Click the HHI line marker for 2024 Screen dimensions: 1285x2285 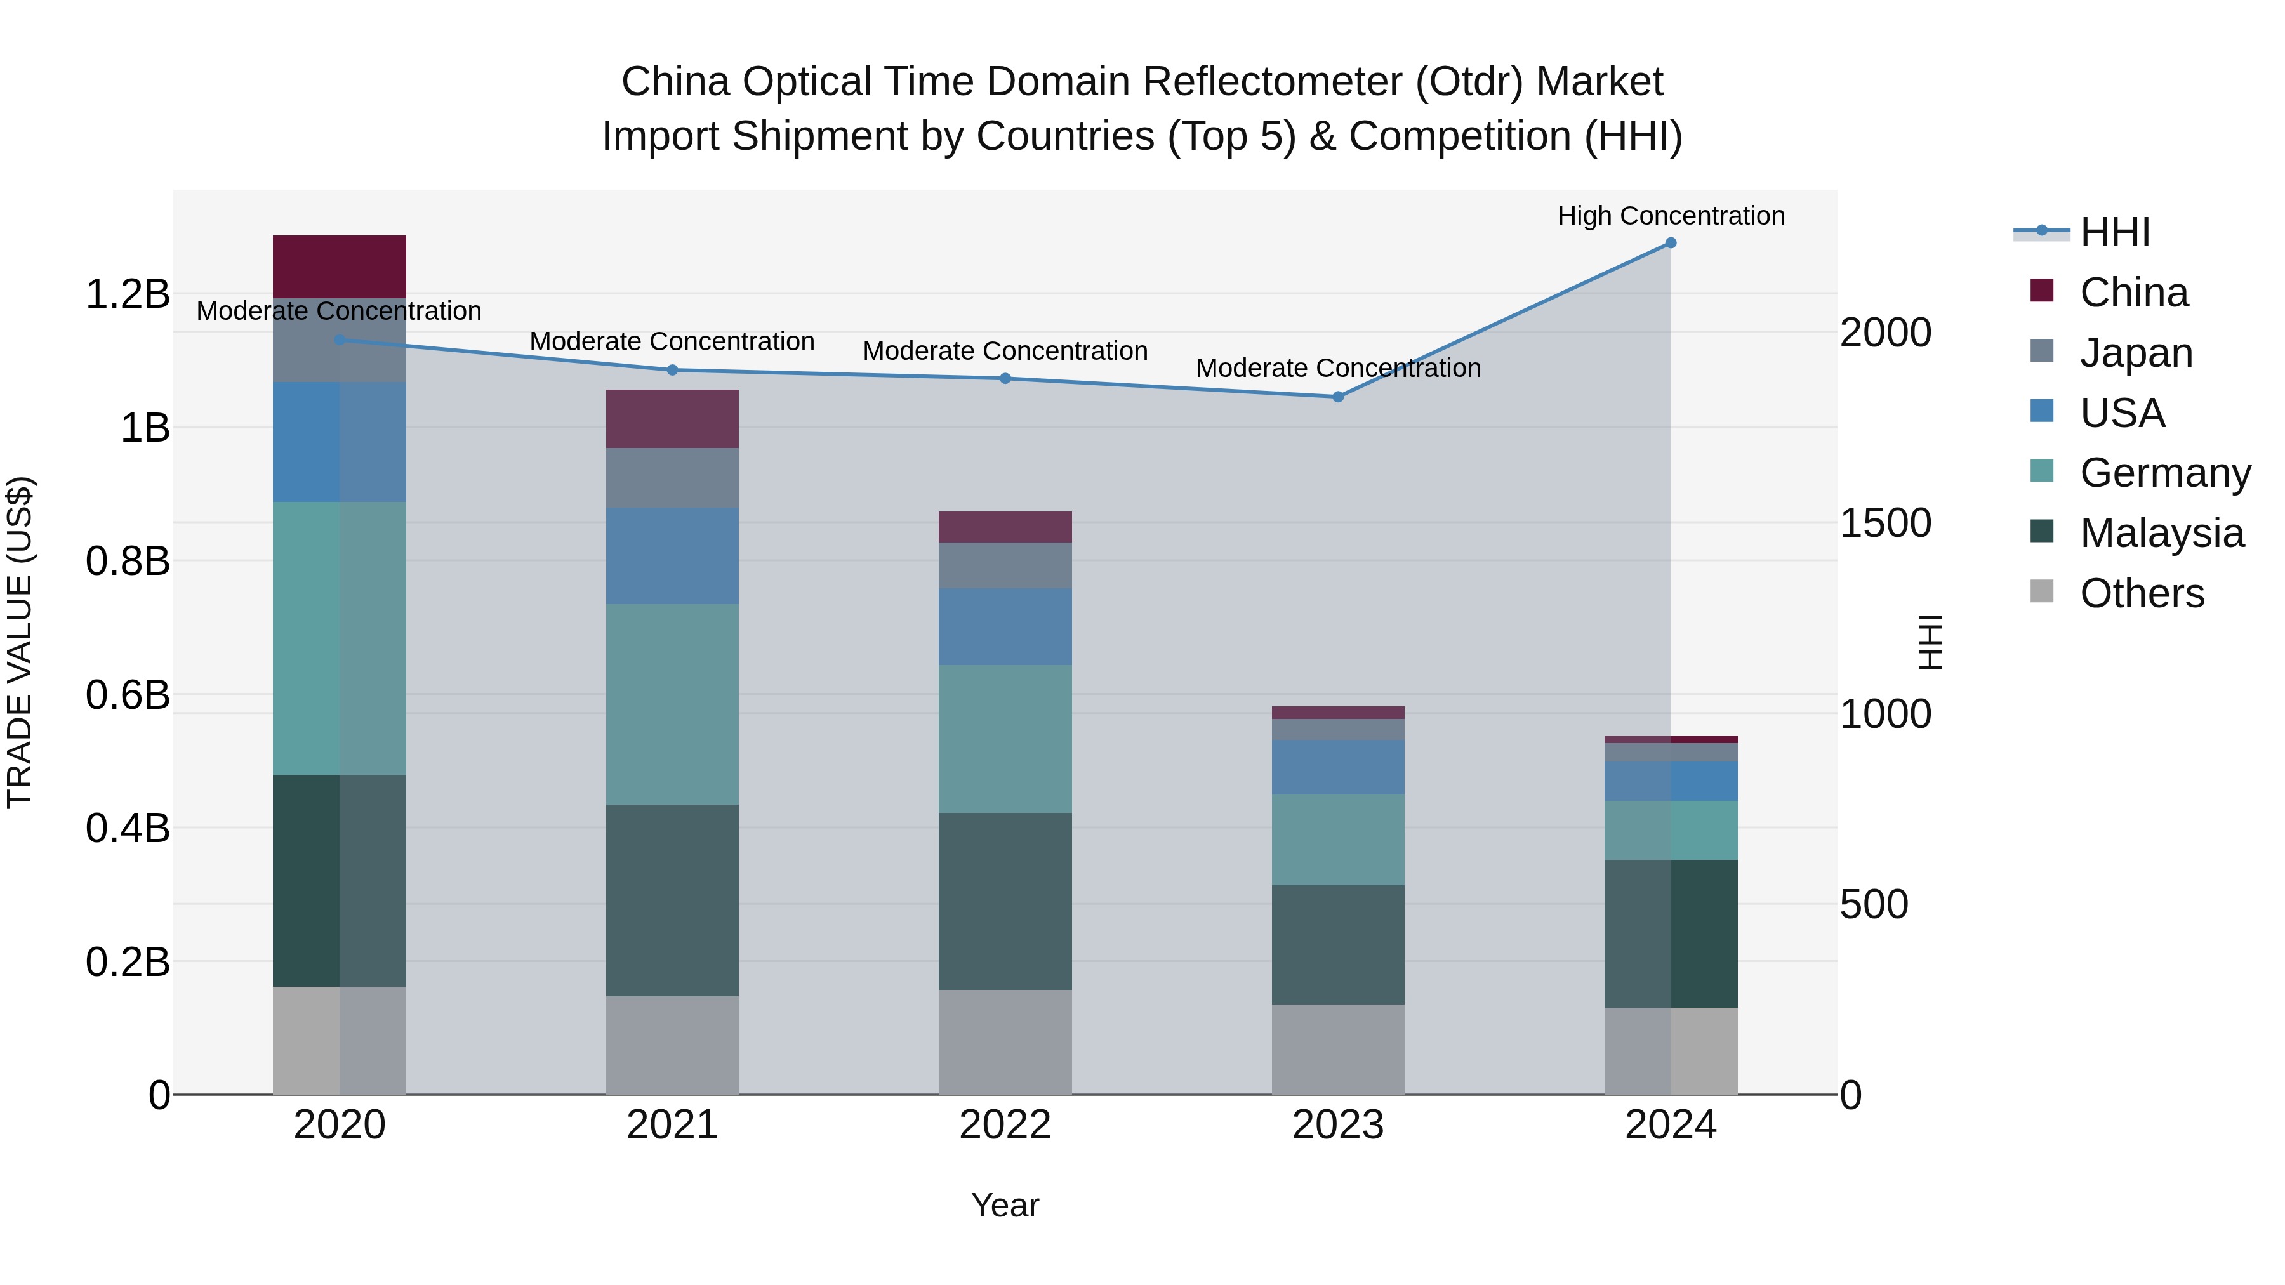(1671, 243)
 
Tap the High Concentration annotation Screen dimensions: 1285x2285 (1671, 216)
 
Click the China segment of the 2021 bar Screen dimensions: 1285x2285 (672, 419)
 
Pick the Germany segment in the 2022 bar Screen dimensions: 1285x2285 (1005, 739)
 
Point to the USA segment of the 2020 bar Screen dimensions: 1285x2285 (339, 442)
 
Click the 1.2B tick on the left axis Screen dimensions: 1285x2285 (128, 294)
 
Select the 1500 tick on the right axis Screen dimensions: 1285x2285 (1885, 524)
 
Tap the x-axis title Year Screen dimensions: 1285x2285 (1005, 1205)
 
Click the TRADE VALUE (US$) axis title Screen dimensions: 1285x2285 (20, 642)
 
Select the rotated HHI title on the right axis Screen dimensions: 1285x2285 (1930, 642)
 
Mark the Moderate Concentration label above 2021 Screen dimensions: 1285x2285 (672, 341)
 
